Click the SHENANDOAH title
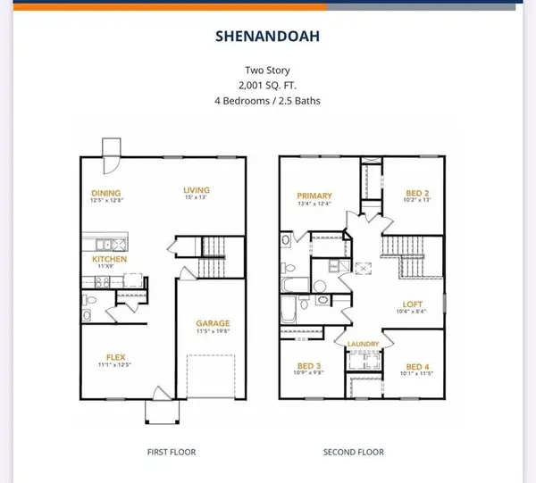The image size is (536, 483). click(268, 38)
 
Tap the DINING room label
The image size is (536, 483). click(105, 192)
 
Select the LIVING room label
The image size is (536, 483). click(196, 189)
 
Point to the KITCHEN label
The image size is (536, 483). click(111, 259)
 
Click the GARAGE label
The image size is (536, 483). click(214, 323)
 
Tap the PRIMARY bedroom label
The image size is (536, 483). click(316, 196)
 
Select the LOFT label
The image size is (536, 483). click(414, 303)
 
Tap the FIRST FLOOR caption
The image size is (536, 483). click(172, 452)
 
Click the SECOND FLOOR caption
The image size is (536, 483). click(354, 452)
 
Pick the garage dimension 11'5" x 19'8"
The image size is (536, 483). click(214, 332)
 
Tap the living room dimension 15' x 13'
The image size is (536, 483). click(196, 199)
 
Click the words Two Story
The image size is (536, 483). click(268, 69)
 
